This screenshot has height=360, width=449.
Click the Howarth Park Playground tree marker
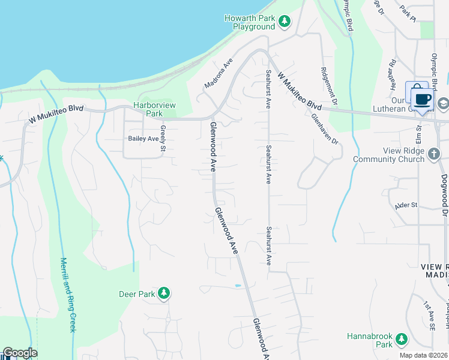(285, 23)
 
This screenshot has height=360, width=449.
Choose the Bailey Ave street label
(143, 138)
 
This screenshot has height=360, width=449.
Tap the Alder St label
(406, 205)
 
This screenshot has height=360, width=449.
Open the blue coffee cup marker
(422, 97)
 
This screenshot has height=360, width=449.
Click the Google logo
(20, 353)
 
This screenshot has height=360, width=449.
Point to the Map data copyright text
(423, 355)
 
